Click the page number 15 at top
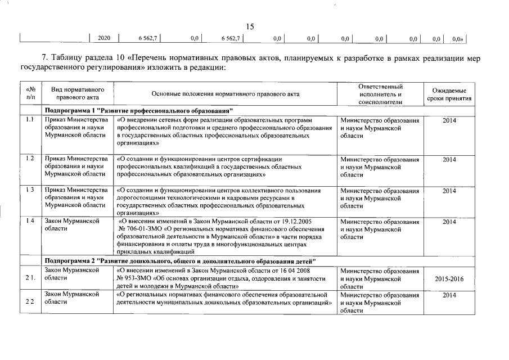click(x=251, y=26)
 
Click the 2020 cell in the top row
click(x=103, y=38)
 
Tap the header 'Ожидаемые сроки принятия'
click(x=448, y=94)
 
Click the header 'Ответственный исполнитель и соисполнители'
click(x=380, y=94)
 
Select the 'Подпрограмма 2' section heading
click(x=180, y=262)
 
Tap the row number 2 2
click(x=30, y=302)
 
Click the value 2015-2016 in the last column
click(x=449, y=279)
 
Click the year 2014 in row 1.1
click(x=449, y=120)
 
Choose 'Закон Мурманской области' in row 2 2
click(x=72, y=298)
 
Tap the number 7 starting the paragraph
click(x=44, y=58)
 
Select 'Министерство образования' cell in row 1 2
click(x=380, y=159)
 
